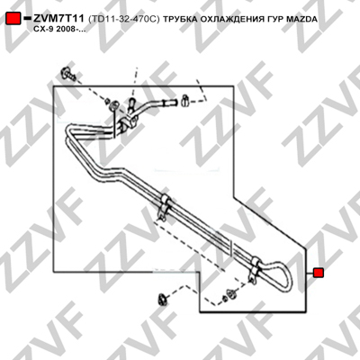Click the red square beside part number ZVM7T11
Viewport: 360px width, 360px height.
[x=13, y=19]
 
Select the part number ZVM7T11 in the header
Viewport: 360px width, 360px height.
[x=58, y=19]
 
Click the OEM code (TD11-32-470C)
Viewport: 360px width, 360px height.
[x=124, y=19]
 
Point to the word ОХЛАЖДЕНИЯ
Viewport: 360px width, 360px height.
[x=230, y=20]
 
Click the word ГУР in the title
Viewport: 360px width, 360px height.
[x=274, y=19]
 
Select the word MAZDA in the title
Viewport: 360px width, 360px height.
[x=301, y=19]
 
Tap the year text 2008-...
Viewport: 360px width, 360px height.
[x=67, y=30]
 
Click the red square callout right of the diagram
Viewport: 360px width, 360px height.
[x=318, y=273]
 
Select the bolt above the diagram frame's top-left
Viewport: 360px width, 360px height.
[x=67, y=74]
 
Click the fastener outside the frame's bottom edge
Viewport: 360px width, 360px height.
[x=162, y=300]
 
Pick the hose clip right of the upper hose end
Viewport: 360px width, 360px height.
[x=184, y=101]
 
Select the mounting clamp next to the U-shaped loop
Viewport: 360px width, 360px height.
[x=254, y=268]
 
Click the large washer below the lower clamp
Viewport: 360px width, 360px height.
[x=231, y=294]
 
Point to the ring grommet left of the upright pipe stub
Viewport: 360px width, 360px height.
[x=114, y=105]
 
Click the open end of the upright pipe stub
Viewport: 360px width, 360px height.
[x=131, y=101]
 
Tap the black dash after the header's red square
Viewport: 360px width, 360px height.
[x=27, y=19]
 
